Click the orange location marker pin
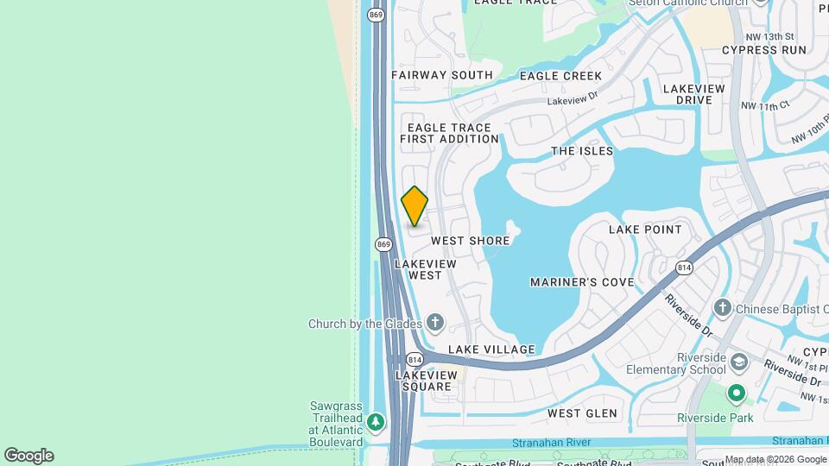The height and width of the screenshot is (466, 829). (414, 206)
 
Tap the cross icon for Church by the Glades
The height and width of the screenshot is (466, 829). (435, 324)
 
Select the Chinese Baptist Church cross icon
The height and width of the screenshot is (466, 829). (723, 308)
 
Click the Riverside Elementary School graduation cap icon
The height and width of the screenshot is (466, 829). (738, 361)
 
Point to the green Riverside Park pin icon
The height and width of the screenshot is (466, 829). (736, 394)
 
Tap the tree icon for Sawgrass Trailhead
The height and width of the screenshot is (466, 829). (375, 422)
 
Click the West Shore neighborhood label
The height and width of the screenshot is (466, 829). (470, 241)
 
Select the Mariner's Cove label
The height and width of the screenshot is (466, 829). (582, 282)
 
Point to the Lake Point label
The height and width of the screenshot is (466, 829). (645, 230)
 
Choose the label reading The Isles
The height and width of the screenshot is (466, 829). (582, 151)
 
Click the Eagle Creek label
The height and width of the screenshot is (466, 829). (560, 76)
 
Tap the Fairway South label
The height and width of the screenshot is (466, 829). (441, 75)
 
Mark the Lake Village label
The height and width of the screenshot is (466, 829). (491, 349)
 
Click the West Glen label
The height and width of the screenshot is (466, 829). (582, 413)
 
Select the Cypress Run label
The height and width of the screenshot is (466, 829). (764, 50)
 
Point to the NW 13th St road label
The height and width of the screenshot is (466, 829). (772, 37)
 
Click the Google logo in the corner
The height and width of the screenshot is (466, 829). (28, 456)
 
